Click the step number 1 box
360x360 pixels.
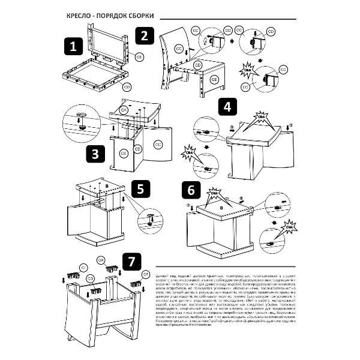pyautogui.click(x=73, y=46)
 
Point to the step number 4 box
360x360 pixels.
pyautogui.click(x=226, y=108)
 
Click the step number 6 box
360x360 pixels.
pyautogui.click(x=191, y=190)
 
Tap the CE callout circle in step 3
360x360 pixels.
pyautogui.click(x=122, y=152)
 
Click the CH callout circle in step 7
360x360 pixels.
pyautogui.click(x=101, y=260)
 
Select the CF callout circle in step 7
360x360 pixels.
pyautogui.click(x=145, y=274)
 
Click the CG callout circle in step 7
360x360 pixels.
pyautogui.click(x=91, y=278)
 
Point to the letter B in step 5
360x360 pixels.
pyautogui.click(x=107, y=187)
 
